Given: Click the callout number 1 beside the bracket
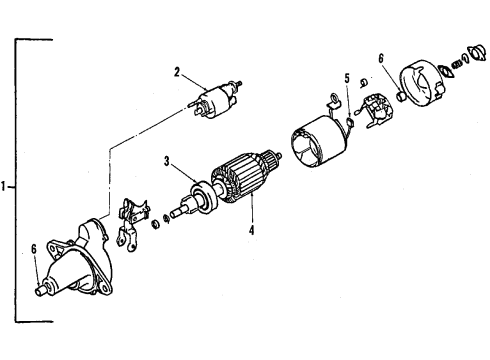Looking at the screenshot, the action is (6, 185).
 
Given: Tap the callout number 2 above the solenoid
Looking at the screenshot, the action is (177, 72).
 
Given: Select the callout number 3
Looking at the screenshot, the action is (168, 160).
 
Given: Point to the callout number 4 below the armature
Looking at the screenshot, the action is (252, 231).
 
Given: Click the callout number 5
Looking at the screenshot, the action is (347, 78).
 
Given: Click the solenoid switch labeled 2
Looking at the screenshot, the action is (214, 100).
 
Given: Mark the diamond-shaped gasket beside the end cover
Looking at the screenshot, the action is (449, 69).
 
